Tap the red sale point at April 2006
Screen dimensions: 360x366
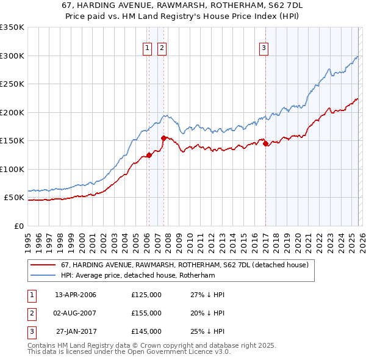(x=149, y=156)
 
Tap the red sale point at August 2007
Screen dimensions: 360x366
(x=163, y=139)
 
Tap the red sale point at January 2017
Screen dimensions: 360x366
(x=265, y=144)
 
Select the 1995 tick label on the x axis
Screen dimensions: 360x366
(x=28, y=239)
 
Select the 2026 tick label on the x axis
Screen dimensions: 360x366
(x=361, y=239)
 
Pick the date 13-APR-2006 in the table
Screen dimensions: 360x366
(x=76, y=295)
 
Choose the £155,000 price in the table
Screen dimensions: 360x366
(x=146, y=313)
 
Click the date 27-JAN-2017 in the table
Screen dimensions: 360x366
(x=76, y=331)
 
